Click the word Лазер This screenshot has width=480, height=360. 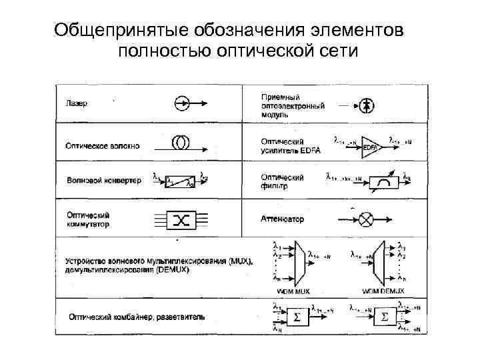[x=77, y=104]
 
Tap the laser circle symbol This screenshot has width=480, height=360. [x=181, y=103]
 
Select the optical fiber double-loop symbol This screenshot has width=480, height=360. [x=179, y=143]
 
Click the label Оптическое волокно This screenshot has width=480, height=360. [x=103, y=146]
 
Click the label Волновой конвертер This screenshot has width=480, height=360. [x=103, y=181]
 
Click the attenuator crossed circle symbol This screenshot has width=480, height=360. [x=366, y=218]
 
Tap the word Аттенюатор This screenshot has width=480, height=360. [x=282, y=219]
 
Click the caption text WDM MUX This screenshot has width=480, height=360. [x=293, y=291]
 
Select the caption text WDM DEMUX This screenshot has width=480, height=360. [x=381, y=291]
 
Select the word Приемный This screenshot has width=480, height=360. [x=280, y=97]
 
